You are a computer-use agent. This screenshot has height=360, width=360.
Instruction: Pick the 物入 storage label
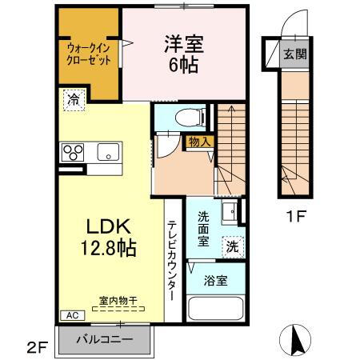pyautogui.click(x=199, y=142)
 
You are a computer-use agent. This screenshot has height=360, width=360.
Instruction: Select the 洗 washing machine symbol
pyautogui.click(x=230, y=247)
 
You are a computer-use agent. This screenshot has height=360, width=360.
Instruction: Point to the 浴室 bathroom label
pyautogui.click(x=214, y=281)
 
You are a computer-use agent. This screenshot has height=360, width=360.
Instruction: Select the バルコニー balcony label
pyautogui.click(x=104, y=338)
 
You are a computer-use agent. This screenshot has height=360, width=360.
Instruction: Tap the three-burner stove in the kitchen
pyautogui.click(x=74, y=151)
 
